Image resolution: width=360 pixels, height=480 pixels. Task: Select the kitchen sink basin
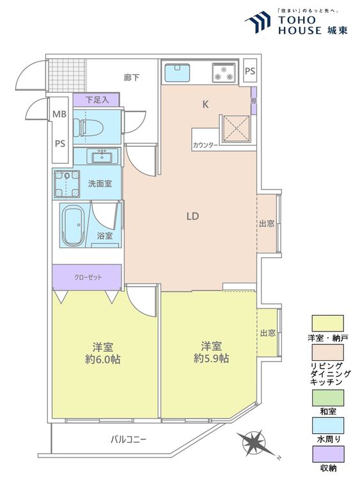(177, 72)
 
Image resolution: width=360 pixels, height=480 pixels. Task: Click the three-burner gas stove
(224, 72)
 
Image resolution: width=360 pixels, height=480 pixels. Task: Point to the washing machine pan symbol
(67, 184)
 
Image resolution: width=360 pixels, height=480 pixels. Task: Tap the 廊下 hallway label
(132, 77)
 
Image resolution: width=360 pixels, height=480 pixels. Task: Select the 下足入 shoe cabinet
(96, 100)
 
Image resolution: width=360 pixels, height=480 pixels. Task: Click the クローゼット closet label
(88, 277)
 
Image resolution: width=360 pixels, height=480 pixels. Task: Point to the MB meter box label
(59, 114)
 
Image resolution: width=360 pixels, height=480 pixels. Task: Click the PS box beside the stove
(250, 71)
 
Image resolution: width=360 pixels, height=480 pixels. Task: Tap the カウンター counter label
(205, 145)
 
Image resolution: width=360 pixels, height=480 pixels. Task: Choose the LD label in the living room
(192, 216)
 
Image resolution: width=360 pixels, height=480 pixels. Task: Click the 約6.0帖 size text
(103, 359)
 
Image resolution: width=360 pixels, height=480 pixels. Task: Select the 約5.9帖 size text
(212, 358)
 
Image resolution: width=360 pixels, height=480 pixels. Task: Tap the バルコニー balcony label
(129, 440)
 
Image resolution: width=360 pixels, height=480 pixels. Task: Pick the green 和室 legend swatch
(327, 397)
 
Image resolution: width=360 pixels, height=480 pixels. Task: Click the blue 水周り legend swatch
(327, 426)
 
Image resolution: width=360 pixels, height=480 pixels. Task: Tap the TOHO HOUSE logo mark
(258, 21)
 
